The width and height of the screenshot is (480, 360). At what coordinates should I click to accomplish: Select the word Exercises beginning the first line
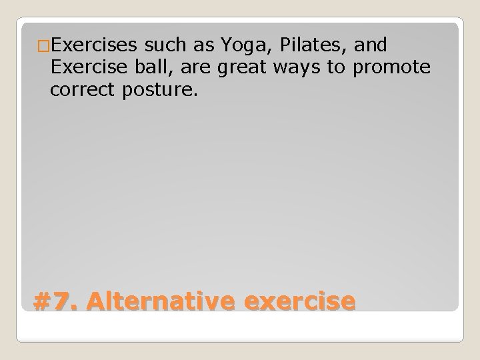[93, 45]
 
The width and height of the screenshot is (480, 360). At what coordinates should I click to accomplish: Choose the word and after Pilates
[372, 45]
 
